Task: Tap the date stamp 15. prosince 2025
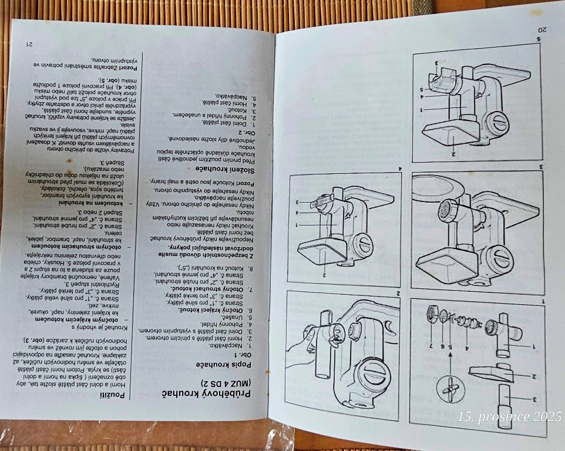coord(510,417)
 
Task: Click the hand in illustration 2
coord(305,346)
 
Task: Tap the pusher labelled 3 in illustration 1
coord(506,405)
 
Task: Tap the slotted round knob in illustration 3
coord(503,258)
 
